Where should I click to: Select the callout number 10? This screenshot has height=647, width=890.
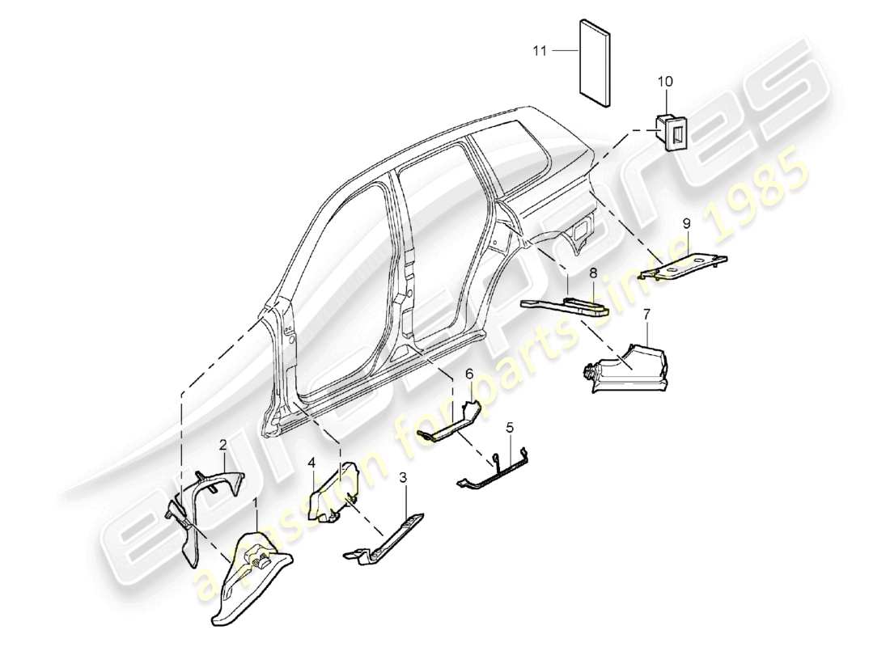click(x=665, y=82)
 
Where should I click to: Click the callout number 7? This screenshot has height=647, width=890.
click(x=646, y=313)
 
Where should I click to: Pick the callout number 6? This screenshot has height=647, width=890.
click(x=468, y=373)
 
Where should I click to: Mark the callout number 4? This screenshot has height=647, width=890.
click(x=311, y=463)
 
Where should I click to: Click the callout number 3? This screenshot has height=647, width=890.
click(x=403, y=478)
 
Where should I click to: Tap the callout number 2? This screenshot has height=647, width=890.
click(x=222, y=443)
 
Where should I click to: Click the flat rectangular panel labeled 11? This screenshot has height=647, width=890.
click(x=595, y=61)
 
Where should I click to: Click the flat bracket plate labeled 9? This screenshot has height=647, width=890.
click(x=684, y=266)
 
